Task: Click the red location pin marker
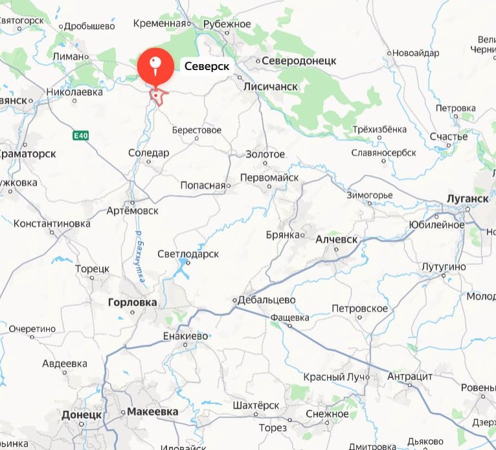click(156, 65)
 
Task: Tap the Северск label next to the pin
click(207, 66)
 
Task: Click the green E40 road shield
click(80, 135)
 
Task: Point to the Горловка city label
click(132, 302)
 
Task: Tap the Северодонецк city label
click(299, 60)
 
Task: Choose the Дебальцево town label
click(267, 300)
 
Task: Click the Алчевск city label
click(336, 239)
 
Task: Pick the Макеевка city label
click(152, 411)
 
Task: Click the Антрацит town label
click(409, 375)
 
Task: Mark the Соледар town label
click(148, 153)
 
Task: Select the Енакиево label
click(186, 336)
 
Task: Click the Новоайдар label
click(415, 53)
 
